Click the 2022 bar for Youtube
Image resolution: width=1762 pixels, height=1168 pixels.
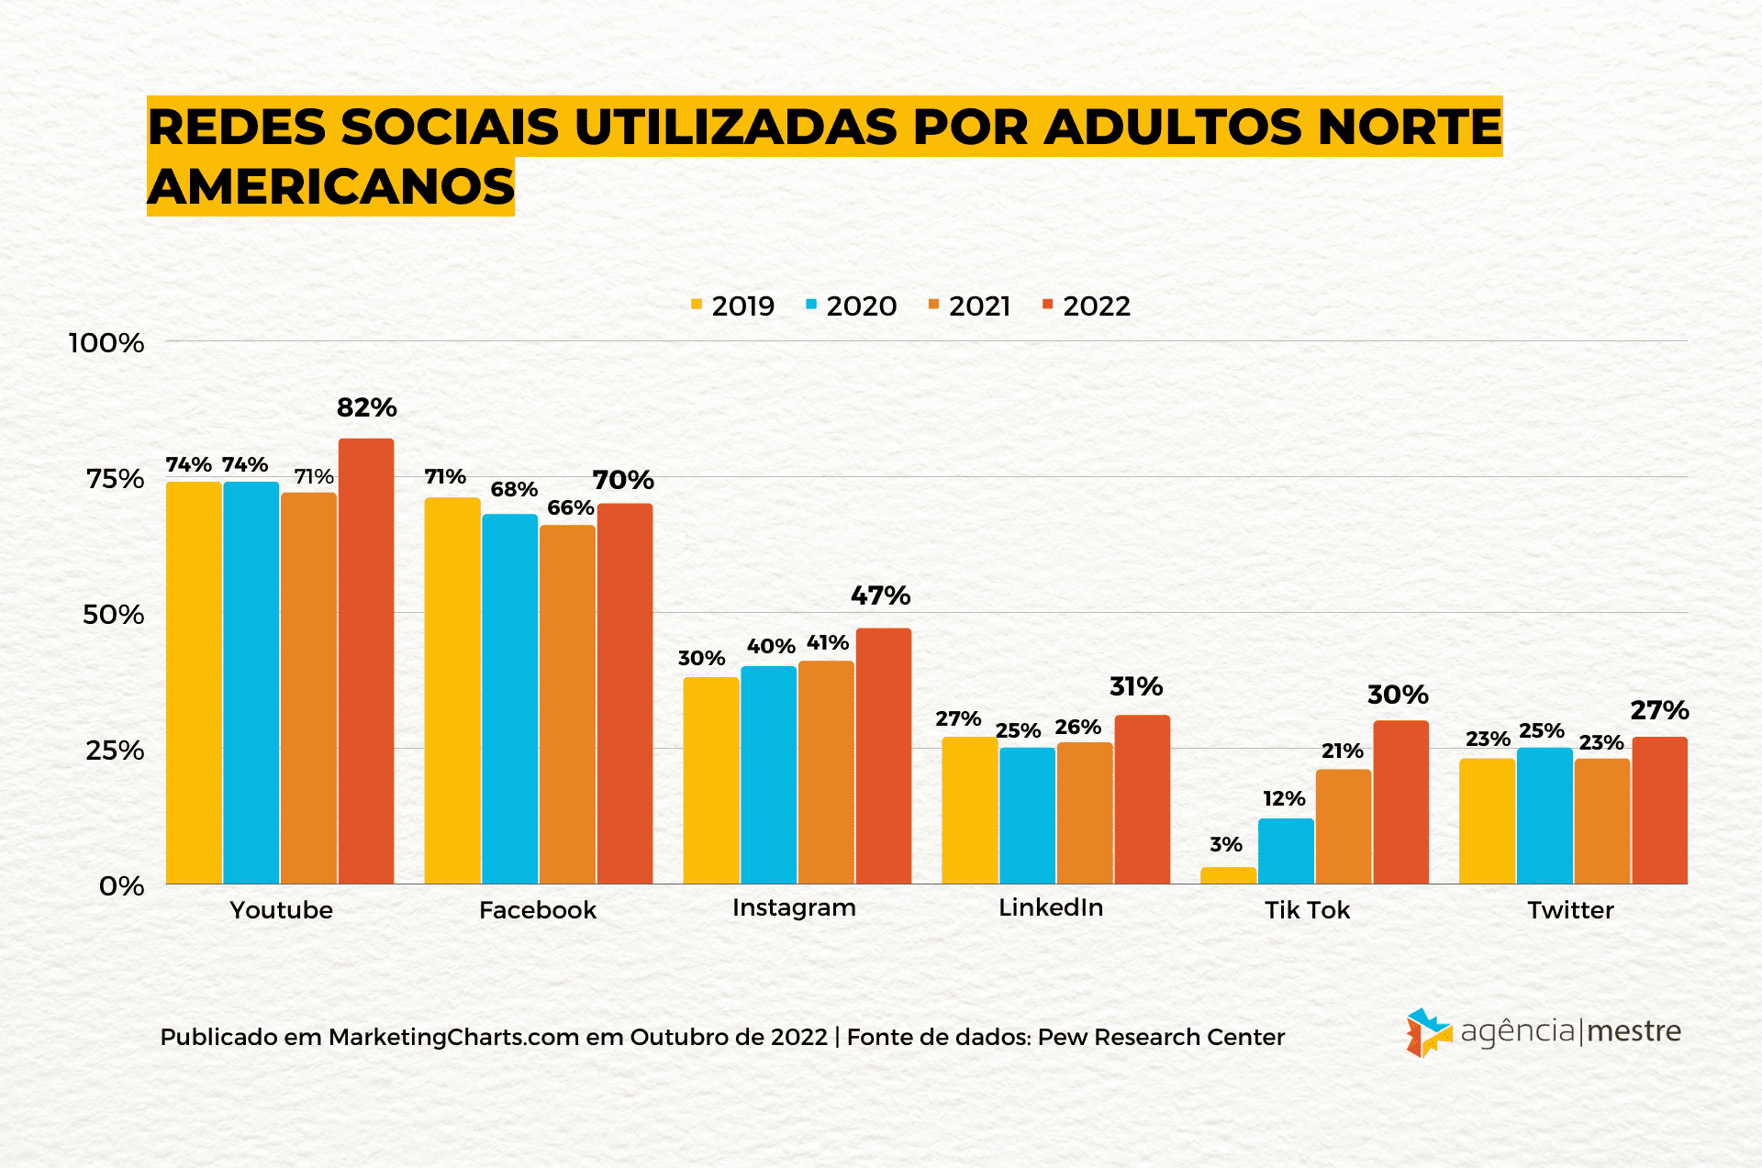click(x=366, y=661)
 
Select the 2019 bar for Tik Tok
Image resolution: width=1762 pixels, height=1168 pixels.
click(x=1228, y=875)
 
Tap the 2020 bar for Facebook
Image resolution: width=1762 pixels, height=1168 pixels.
click(x=509, y=698)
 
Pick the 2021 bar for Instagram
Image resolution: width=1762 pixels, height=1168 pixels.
click(x=826, y=772)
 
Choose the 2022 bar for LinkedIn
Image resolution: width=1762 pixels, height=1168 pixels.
click(x=1143, y=798)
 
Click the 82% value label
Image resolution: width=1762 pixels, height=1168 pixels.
click(x=366, y=407)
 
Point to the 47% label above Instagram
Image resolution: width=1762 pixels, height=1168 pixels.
click(x=880, y=595)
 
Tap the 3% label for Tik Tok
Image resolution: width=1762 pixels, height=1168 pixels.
click(x=1226, y=844)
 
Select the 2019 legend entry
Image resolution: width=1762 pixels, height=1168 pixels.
click(x=733, y=306)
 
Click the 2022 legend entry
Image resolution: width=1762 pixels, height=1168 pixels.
click(x=1087, y=306)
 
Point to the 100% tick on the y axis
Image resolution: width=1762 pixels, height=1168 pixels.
click(x=106, y=343)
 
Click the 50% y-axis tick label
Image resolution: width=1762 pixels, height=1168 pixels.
click(x=113, y=614)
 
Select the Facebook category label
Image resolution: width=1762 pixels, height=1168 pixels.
click(x=538, y=910)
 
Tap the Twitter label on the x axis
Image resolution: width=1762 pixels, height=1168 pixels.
click(x=1570, y=910)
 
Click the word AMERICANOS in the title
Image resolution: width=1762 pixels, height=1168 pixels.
click(x=331, y=186)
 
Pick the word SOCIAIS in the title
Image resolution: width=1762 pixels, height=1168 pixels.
click(x=450, y=127)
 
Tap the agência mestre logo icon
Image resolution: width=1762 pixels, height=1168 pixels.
click(x=1428, y=1033)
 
